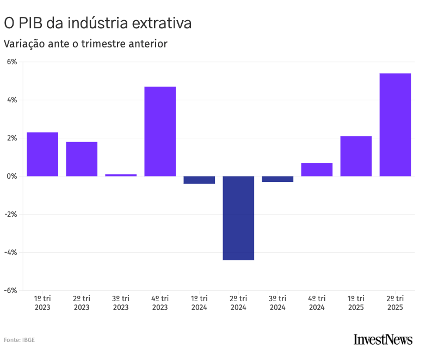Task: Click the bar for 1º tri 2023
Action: coord(42,154)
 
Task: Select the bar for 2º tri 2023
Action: coord(82,159)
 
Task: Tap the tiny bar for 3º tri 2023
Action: coord(121,175)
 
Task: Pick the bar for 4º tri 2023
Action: coord(160,131)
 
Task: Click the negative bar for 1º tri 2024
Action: coord(199,180)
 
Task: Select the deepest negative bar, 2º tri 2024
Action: coord(238,218)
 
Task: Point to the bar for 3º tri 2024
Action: coord(277,179)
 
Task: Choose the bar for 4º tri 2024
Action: coord(317,169)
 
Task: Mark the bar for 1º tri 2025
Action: coord(356,156)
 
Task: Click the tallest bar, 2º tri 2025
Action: coord(395,125)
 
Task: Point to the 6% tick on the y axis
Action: coord(12,62)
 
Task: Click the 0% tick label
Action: coord(12,176)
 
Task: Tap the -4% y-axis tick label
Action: coord(11,253)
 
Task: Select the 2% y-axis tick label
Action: coord(12,138)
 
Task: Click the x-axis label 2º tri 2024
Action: coord(238,303)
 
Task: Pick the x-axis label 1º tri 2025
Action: coord(356,303)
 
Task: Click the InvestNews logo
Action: coord(383,339)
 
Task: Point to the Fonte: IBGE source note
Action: coord(20,340)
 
